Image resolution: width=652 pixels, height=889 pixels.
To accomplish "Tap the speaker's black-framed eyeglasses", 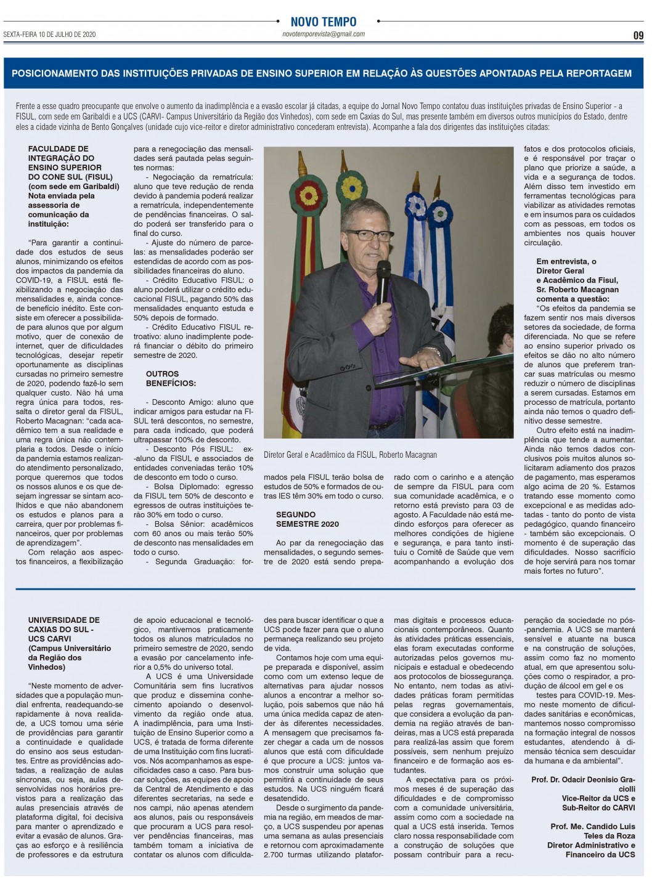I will (x=370, y=235).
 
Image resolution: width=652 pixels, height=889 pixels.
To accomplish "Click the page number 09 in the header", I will (x=638, y=35).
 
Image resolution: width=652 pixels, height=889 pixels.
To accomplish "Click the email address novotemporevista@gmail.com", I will (x=323, y=35).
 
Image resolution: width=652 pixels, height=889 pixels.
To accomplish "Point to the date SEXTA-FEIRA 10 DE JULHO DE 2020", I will (x=49, y=35).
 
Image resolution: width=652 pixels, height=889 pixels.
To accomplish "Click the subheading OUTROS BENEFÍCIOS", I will (x=162, y=378).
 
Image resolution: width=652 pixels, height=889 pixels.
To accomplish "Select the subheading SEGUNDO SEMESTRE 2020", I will (x=307, y=519).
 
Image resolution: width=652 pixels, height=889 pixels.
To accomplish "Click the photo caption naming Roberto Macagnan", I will (x=350, y=455).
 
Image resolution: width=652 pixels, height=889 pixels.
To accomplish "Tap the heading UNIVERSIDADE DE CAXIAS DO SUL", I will (x=63, y=625).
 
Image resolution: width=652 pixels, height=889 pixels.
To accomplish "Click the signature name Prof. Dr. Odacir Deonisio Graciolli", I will (x=583, y=784).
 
